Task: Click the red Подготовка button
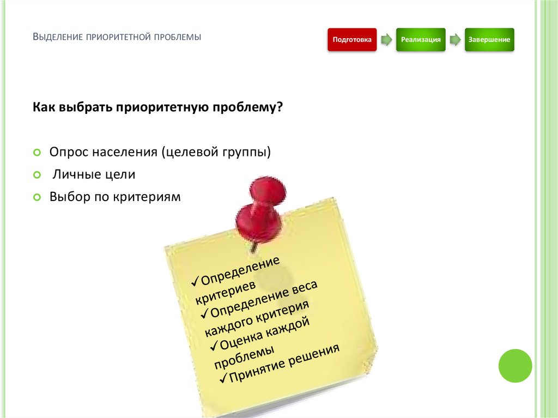coord(352,40)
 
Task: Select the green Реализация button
coord(420,40)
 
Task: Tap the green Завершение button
coord(489,40)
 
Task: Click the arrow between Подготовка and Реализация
coord(386,40)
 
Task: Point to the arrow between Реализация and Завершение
coord(454,40)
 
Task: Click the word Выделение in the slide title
coord(57,38)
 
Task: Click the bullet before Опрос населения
coord(37,153)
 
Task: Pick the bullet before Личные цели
coord(37,175)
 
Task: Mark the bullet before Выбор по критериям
coord(37,197)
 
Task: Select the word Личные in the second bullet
coord(75,175)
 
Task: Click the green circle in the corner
coord(515,366)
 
